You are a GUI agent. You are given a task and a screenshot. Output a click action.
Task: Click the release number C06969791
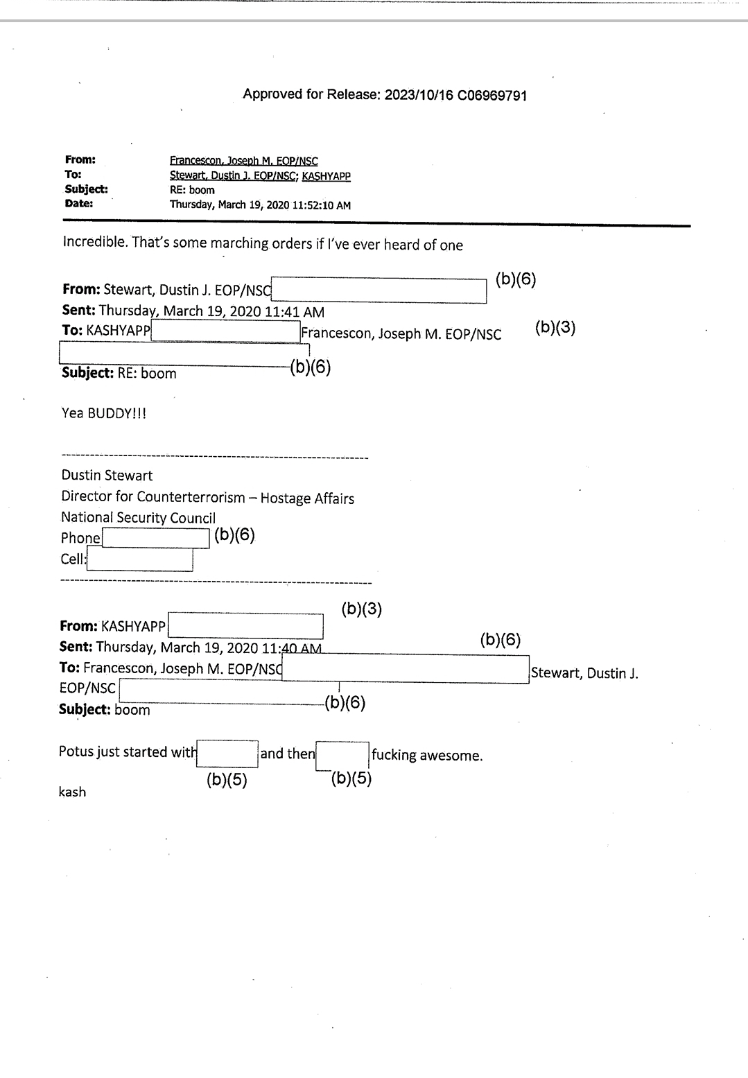(492, 96)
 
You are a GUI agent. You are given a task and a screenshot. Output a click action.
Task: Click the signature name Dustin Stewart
(107, 476)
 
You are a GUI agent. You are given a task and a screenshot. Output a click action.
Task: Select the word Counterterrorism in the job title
(191, 498)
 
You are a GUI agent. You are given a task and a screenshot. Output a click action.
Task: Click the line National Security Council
(138, 518)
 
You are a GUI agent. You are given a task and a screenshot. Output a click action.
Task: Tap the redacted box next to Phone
(155, 538)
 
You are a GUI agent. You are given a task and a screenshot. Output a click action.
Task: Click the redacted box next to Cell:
(139, 559)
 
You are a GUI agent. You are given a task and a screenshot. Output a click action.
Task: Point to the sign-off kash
(72, 792)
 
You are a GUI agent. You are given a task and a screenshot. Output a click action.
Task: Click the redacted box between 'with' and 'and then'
(227, 754)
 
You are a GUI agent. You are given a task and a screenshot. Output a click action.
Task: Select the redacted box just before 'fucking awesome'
(342, 756)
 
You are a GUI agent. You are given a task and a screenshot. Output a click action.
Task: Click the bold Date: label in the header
(79, 204)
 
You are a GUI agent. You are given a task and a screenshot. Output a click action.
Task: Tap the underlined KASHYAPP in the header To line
(326, 176)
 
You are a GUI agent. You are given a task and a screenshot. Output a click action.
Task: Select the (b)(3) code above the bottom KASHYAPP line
(361, 609)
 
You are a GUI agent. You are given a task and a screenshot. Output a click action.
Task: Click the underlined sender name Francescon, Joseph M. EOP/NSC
(243, 161)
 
